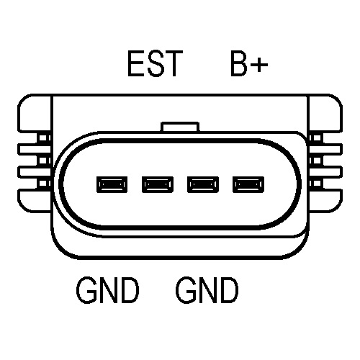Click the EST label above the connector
click(x=156, y=63)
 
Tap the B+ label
click(x=249, y=63)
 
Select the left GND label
click(x=107, y=290)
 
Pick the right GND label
click(x=207, y=290)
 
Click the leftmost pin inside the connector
click(x=112, y=184)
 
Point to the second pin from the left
click(x=158, y=184)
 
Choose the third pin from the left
click(x=203, y=184)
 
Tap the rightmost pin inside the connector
click(x=248, y=184)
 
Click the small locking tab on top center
click(x=180, y=127)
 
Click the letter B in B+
click(x=238, y=63)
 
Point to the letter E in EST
click(x=136, y=63)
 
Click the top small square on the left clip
click(x=43, y=138)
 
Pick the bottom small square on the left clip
click(x=43, y=184)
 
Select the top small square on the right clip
click(x=317, y=138)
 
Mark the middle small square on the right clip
click(x=317, y=161)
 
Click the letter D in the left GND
click(x=130, y=290)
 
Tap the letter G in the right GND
click(x=185, y=290)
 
